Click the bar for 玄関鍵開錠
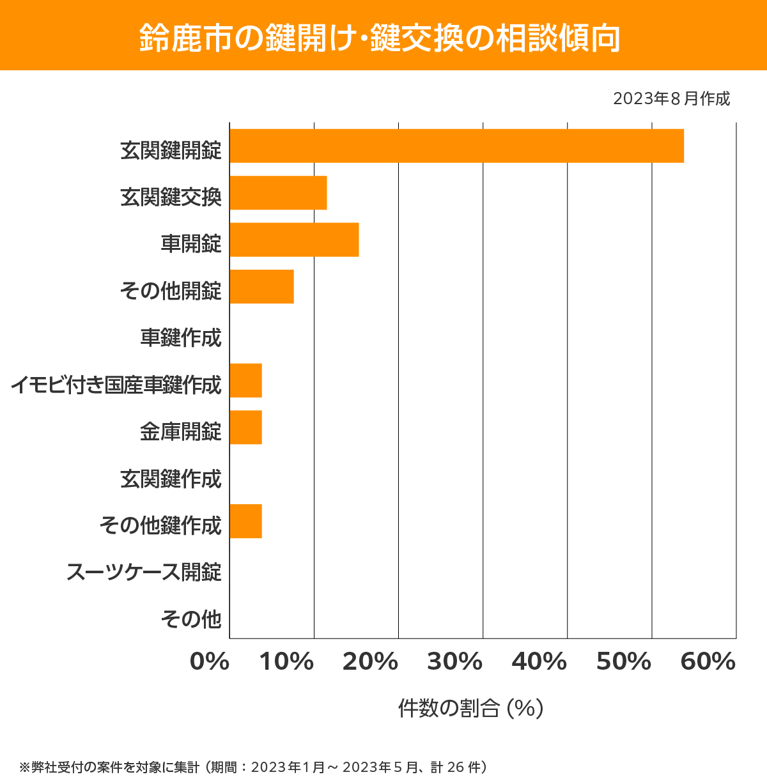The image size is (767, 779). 456,146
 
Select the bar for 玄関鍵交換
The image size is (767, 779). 278,192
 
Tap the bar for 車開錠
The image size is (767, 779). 294,240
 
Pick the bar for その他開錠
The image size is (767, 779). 261,286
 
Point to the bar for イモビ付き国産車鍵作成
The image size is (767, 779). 245,380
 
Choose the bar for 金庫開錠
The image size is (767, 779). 245,427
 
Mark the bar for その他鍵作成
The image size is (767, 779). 245,521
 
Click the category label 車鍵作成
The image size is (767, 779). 181,337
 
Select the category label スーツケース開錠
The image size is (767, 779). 144,572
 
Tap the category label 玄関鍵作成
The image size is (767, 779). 171,479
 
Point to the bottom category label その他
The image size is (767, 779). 191,619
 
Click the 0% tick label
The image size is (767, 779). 210,662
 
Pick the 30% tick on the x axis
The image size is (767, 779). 454,662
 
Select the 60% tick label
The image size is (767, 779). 708,662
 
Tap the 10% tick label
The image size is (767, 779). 286,662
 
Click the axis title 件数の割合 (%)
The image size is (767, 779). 470,708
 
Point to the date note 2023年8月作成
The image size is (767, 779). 671,99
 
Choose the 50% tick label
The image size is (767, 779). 623,662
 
